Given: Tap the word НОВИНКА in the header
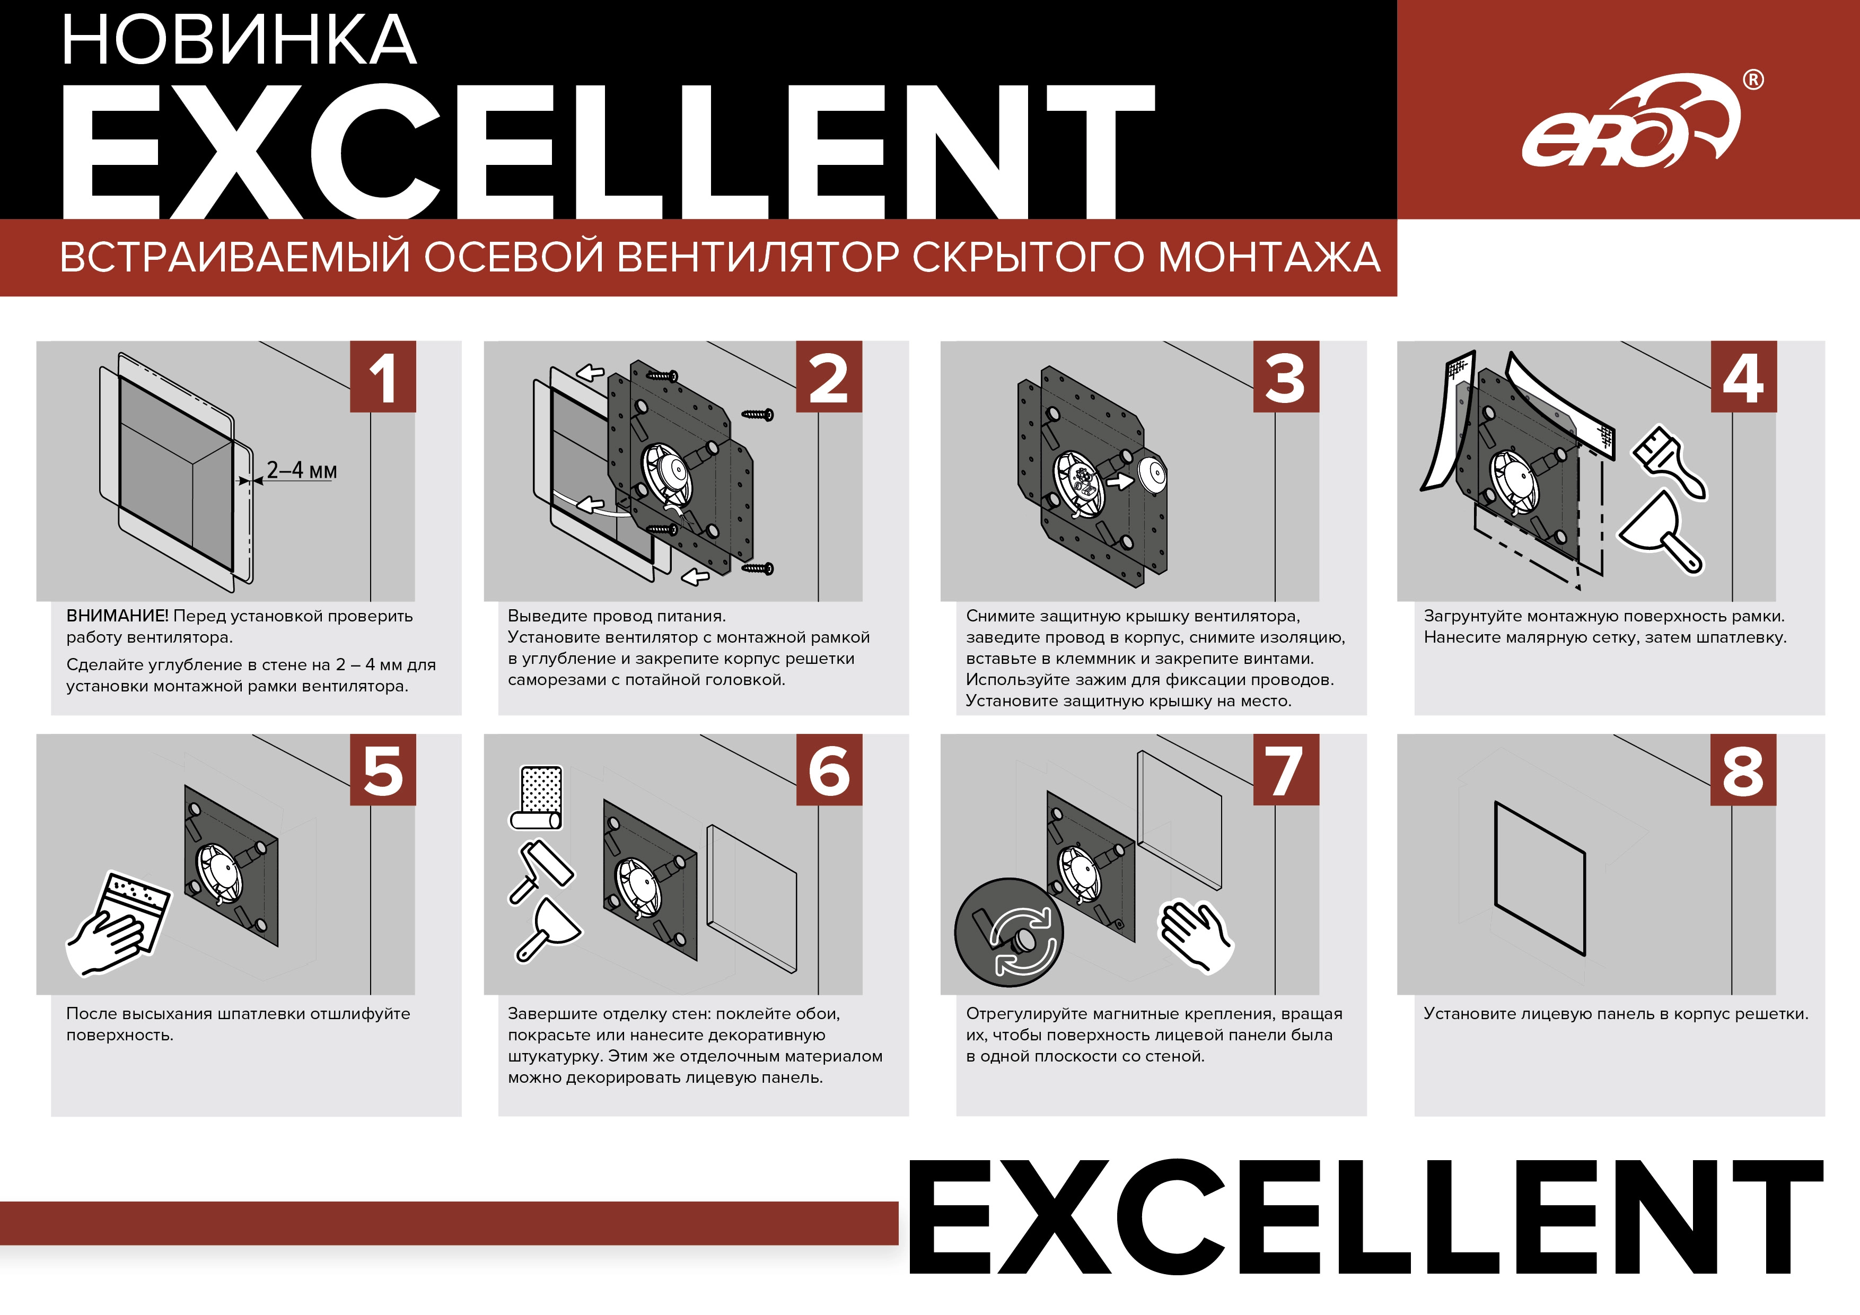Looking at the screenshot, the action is point(239,40).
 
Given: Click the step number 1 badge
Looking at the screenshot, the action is point(382,377).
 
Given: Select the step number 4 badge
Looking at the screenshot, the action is point(1743,377).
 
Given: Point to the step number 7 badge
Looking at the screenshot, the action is point(1286,770).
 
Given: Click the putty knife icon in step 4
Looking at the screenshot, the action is point(1661,532).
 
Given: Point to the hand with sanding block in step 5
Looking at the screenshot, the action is point(118,923).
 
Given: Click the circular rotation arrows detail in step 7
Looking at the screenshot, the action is point(1008,933).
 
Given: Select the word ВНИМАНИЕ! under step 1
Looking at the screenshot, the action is point(118,616).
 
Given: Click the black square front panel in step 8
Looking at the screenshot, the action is point(1539,879).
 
